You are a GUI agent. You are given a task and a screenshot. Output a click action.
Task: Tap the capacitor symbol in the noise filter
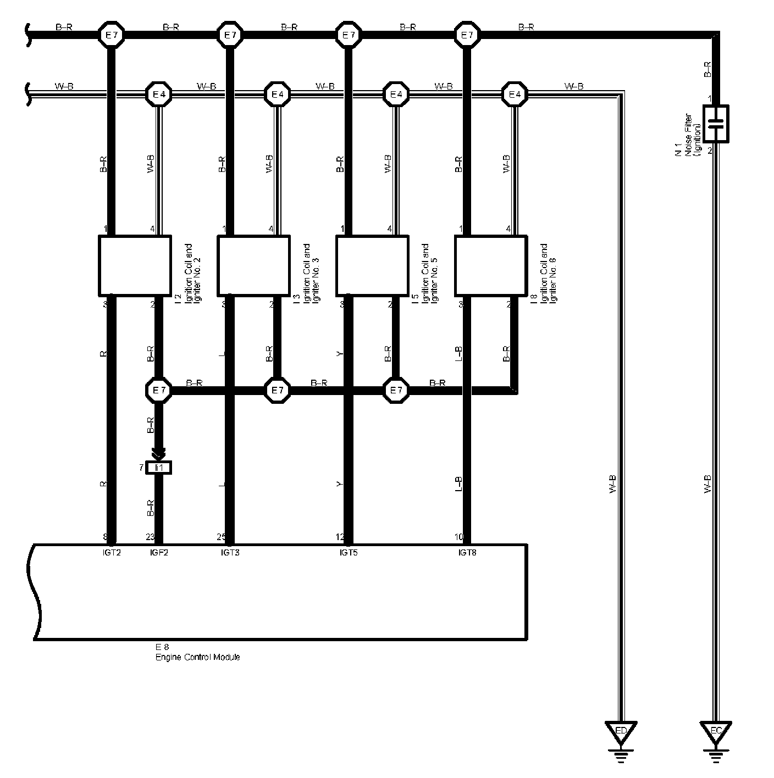point(716,124)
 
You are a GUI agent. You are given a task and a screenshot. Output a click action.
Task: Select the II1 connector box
point(159,468)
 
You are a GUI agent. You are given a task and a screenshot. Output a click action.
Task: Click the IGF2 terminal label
point(159,552)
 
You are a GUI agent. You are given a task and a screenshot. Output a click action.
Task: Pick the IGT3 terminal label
point(229,552)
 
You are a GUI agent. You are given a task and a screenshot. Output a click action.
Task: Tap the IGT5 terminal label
point(349,552)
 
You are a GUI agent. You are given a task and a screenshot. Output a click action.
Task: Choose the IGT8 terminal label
point(467,552)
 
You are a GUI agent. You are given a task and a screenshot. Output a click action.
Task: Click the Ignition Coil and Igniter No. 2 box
point(134,265)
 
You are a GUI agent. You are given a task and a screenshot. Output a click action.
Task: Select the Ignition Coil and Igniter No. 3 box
point(253,265)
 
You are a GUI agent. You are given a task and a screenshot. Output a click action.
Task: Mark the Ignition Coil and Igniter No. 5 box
point(372,265)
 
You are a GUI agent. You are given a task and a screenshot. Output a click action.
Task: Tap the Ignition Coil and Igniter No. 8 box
point(491,265)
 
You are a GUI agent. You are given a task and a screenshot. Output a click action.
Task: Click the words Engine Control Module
point(198,657)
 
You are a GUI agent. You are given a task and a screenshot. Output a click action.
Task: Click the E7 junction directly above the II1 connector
point(159,391)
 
